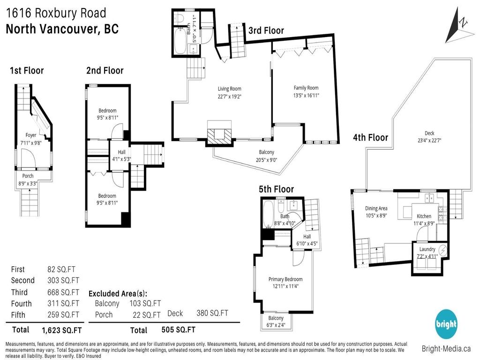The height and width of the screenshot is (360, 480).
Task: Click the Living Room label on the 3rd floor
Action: [229, 89]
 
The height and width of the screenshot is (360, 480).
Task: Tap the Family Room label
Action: [306, 88]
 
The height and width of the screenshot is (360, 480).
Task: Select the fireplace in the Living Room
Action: [219, 135]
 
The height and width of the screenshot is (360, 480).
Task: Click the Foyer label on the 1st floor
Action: [31, 135]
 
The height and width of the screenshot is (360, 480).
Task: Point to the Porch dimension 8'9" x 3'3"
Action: [34, 184]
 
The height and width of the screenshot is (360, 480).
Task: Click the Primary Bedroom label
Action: [285, 279]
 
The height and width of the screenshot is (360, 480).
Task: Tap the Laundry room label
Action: [427, 249]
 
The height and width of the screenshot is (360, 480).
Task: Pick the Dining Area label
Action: [376, 209]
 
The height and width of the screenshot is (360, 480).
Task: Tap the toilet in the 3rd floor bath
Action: [181, 18]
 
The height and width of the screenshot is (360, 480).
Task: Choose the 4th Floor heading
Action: [370, 137]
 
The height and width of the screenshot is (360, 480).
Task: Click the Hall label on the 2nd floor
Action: [116, 152]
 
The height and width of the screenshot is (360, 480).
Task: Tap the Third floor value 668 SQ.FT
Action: [63, 292]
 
